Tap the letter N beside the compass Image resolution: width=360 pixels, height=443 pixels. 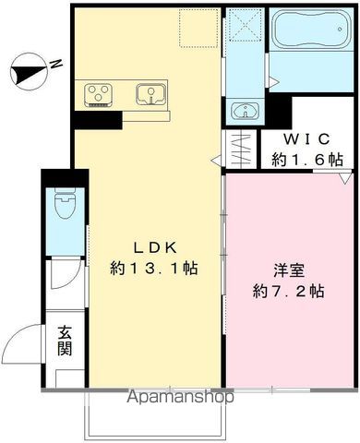tap(55, 64)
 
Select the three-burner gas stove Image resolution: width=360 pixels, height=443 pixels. tap(99, 93)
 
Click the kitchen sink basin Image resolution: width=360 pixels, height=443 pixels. tap(150, 93)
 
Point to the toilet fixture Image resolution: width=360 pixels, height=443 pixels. tap(64, 204)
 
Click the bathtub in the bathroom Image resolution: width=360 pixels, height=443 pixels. tap(314, 36)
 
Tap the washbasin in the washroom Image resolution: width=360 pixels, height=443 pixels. tap(246, 112)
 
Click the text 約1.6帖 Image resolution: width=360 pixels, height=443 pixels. tap(306, 159)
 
